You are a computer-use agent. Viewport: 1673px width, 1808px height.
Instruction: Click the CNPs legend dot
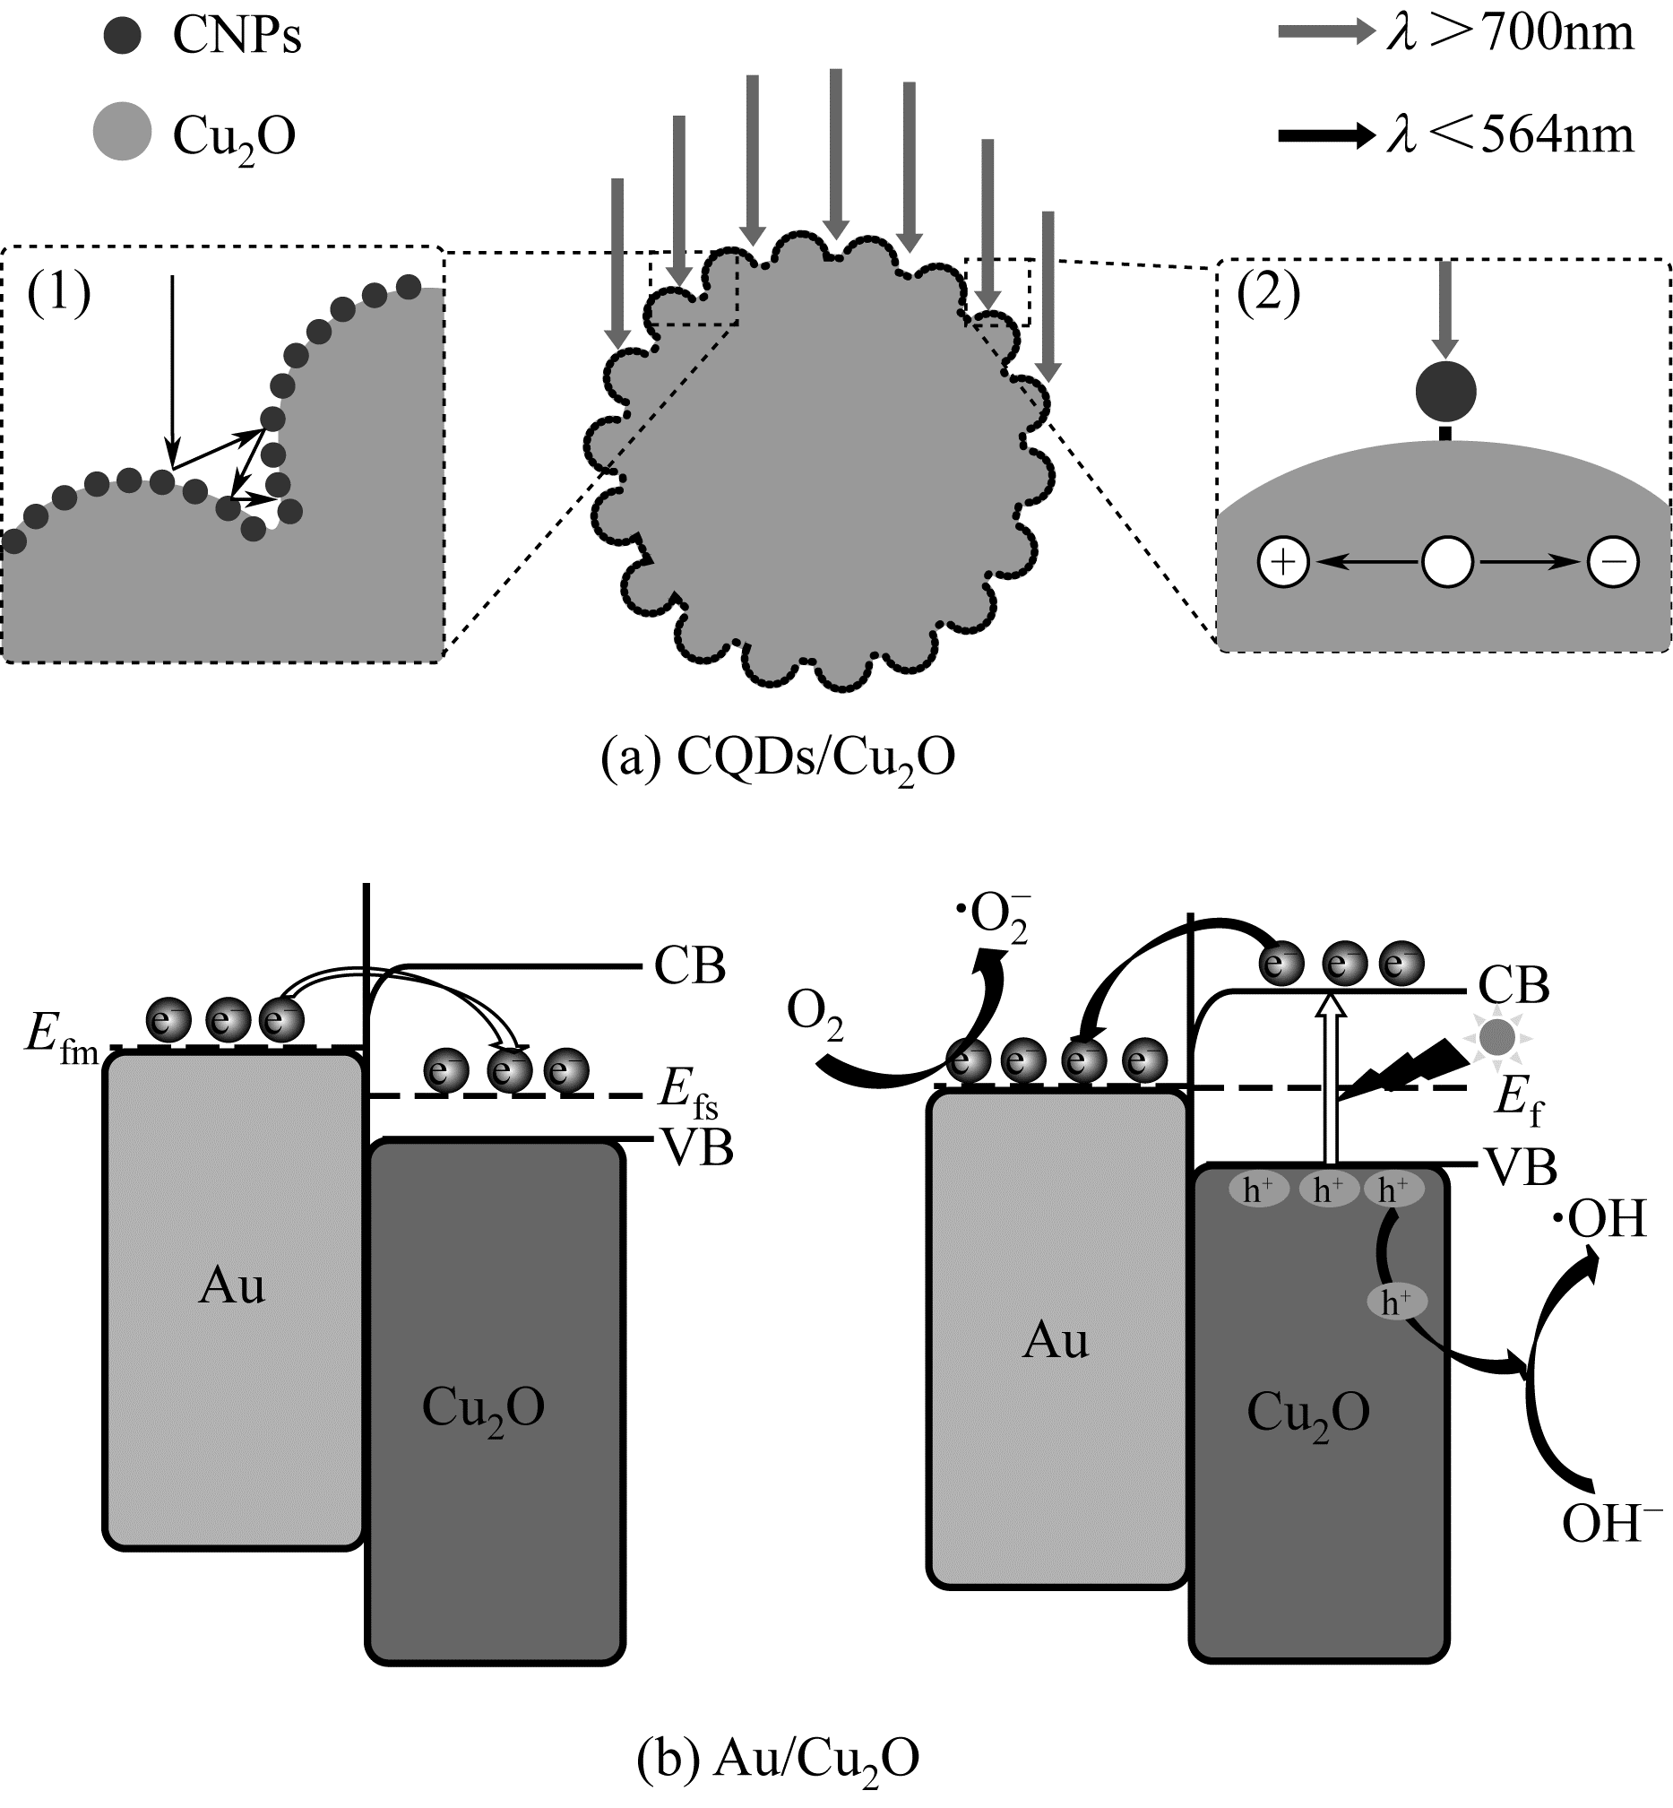pyautogui.click(x=122, y=36)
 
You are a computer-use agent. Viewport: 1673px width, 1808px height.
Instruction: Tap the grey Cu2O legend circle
pyautogui.click(x=122, y=132)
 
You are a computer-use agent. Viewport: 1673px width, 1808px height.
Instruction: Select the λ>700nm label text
pyautogui.click(x=1510, y=33)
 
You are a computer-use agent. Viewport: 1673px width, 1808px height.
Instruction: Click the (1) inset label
pyautogui.click(x=59, y=293)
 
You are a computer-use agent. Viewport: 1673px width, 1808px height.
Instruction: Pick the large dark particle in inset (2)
pyautogui.click(x=1445, y=392)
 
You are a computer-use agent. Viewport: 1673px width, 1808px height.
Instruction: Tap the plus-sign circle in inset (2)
pyautogui.click(x=1284, y=562)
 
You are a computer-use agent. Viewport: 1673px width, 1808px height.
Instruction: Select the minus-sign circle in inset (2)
pyautogui.click(x=1612, y=562)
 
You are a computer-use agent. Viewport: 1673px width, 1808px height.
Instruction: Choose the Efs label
pyautogui.click(x=687, y=1094)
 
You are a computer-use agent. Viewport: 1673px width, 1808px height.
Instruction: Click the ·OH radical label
pyautogui.click(x=1599, y=1221)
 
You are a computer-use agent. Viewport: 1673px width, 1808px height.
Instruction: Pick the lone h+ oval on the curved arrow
pyautogui.click(x=1396, y=1302)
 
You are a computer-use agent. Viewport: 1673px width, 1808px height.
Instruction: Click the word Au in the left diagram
pyautogui.click(x=232, y=1286)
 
